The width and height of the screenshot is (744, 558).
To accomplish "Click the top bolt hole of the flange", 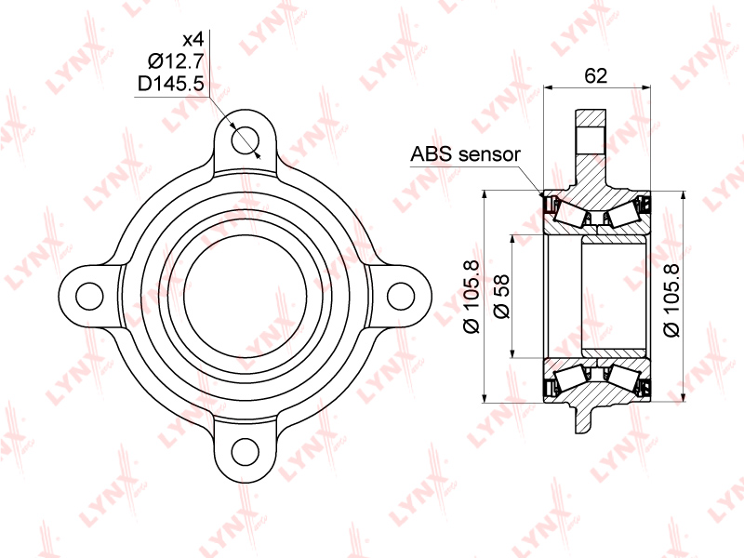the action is (246, 140).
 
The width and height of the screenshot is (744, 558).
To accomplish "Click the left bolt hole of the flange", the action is (89, 296).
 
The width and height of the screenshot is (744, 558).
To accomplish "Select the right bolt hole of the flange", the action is (401, 296).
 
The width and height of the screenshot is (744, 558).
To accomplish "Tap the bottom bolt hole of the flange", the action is (246, 452).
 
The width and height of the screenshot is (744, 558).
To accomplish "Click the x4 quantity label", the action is (193, 39).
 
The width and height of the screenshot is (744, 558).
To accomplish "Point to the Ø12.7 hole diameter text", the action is (176, 61).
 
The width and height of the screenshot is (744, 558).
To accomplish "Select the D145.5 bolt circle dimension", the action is (171, 84).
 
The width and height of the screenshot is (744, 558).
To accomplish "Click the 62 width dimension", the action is (595, 75).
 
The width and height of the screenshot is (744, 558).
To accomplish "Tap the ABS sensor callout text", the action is (466, 154).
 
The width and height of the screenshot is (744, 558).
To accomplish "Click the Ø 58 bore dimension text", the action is (501, 296).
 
